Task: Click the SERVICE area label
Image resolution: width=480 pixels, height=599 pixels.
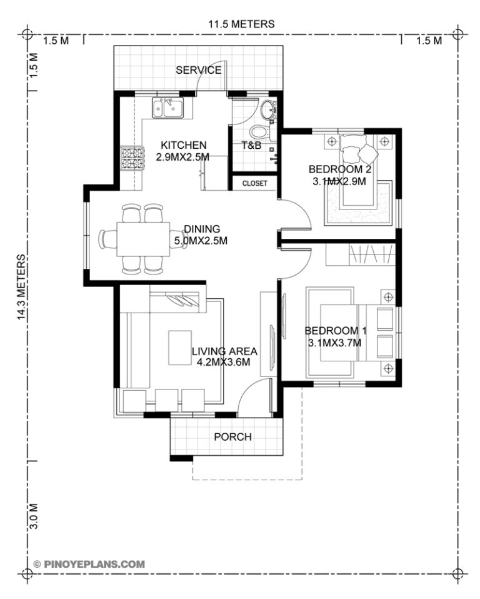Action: tap(198, 69)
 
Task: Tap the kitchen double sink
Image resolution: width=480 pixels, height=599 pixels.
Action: tap(167, 108)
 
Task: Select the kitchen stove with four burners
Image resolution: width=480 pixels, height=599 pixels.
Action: tap(132, 158)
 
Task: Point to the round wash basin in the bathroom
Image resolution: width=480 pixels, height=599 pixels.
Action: tap(269, 109)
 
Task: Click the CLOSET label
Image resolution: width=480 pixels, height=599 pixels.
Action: tap(254, 183)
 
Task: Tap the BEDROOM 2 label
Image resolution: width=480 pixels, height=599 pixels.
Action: tap(336, 169)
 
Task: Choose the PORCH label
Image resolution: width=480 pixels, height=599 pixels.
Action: tap(232, 436)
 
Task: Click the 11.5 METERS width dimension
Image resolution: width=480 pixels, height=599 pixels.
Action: tap(241, 24)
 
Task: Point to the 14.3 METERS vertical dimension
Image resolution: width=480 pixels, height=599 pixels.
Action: tap(22, 287)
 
